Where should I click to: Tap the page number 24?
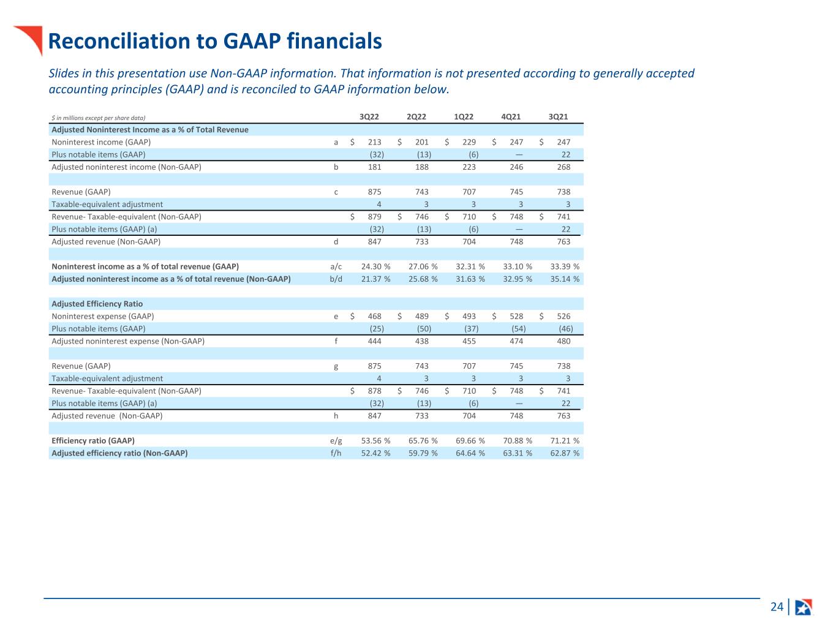point(777,607)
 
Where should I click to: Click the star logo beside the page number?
point(803,607)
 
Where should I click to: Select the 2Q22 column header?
point(416,117)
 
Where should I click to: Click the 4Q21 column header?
point(511,117)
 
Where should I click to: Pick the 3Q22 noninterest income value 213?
point(374,142)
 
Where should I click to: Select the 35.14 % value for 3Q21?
point(565,279)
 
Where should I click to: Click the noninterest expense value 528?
point(516,316)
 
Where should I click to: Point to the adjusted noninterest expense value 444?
point(374,341)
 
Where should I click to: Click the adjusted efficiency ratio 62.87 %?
point(565,453)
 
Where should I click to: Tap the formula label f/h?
point(336,453)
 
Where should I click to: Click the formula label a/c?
point(336,266)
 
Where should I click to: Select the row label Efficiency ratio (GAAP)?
point(93,440)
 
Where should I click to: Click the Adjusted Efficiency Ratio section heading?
point(97,304)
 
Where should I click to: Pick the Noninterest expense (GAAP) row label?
point(102,316)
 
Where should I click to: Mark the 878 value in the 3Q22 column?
point(374,391)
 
